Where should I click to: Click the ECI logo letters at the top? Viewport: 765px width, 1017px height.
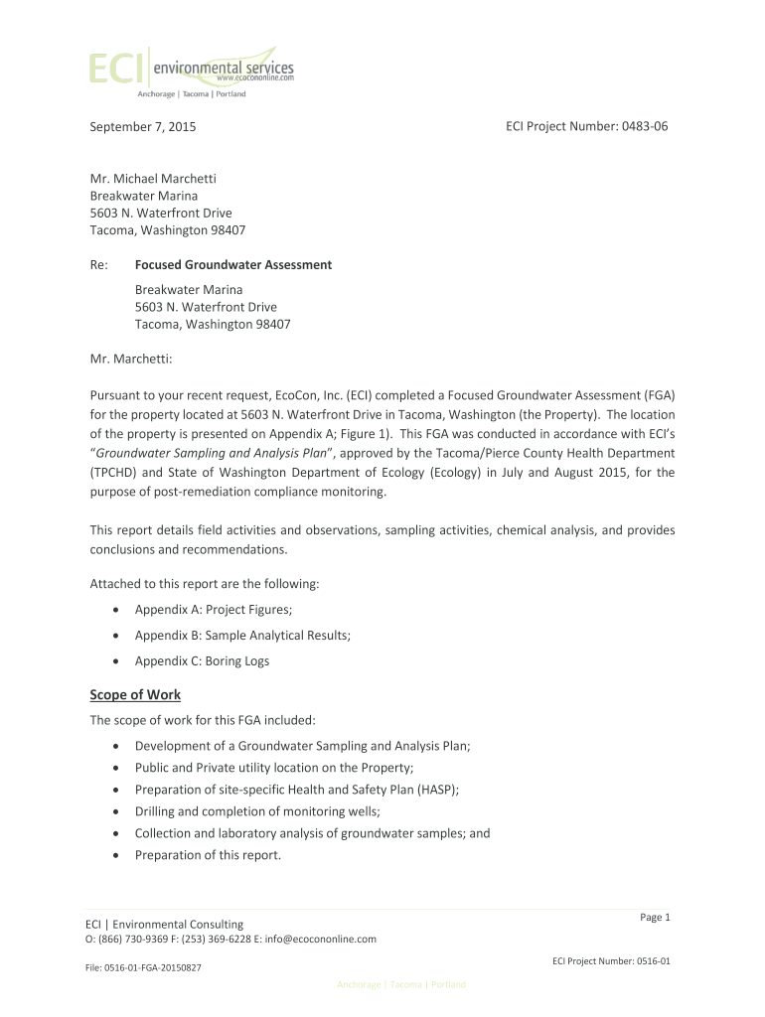pyautogui.click(x=116, y=68)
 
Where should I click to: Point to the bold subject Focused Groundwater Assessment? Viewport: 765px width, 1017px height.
pyautogui.click(x=233, y=265)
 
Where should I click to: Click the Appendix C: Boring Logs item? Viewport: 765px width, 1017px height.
pyautogui.click(x=202, y=660)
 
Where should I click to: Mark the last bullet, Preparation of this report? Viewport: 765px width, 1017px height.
pyautogui.click(x=208, y=855)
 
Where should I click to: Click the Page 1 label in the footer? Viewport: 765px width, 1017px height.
pyautogui.click(x=656, y=917)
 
